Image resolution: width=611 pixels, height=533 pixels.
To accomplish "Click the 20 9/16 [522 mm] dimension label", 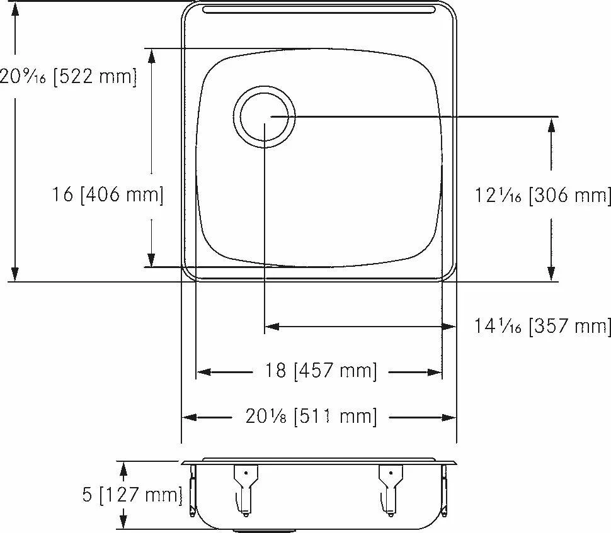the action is pos(68,76).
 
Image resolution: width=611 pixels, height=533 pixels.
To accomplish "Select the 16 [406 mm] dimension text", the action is pos(108,194).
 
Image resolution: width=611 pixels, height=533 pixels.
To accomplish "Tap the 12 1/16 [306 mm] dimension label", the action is pos(542,194).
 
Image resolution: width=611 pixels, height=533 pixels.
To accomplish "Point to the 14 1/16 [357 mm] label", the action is pos(542,325).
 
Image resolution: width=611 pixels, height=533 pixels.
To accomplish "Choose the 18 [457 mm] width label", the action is pos(321,370).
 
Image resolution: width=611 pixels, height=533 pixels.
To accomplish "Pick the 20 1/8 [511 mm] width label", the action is pos(311,417).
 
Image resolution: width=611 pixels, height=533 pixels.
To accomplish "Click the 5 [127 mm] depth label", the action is pos(132,495).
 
